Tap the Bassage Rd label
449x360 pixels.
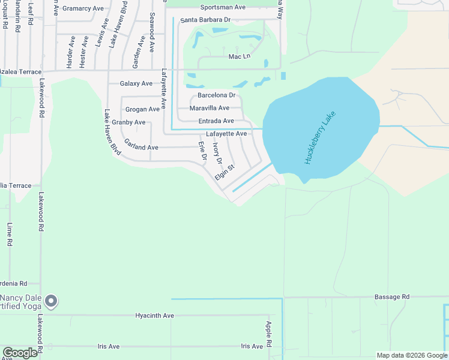391,296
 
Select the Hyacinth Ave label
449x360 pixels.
154,316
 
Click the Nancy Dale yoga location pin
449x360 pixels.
52,301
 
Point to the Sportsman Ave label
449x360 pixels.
223,7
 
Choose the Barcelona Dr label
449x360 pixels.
217,95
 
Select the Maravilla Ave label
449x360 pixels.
209,108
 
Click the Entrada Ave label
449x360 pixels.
216,121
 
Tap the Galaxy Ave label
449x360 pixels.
136,83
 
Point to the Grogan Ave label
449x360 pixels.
142,109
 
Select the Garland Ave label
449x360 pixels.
141,147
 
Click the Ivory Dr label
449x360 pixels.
218,153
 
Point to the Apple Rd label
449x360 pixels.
269,332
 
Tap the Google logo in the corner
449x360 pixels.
20,353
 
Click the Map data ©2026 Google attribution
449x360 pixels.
412,355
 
